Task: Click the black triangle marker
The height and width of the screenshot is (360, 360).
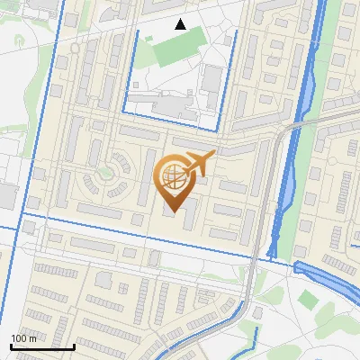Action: (x=181, y=24)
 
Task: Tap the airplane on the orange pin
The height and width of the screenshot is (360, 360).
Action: (x=200, y=163)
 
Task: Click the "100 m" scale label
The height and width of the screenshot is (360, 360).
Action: (x=23, y=338)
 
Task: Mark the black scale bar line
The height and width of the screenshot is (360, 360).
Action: (x=41, y=346)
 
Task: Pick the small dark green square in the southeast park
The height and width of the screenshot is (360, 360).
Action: (x=309, y=299)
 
